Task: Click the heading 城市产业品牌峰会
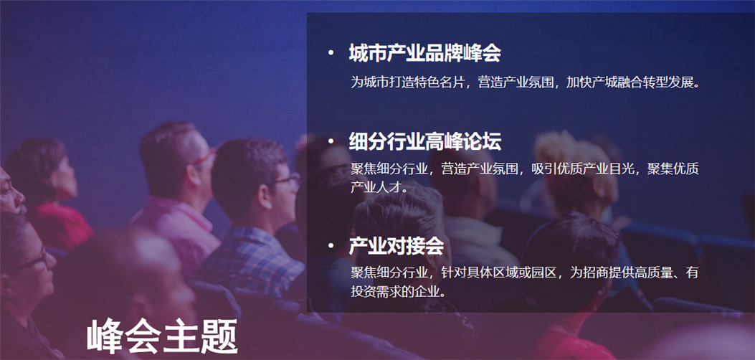click(424, 53)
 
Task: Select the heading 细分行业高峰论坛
click(424, 141)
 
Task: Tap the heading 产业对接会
click(396, 246)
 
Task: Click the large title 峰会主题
click(162, 336)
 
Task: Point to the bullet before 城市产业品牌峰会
click(331, 52)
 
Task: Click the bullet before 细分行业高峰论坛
click(331, 141)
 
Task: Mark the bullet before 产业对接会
click(331, 245)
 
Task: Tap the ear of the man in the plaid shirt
click(265, 196)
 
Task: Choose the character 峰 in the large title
click(105, 336)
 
